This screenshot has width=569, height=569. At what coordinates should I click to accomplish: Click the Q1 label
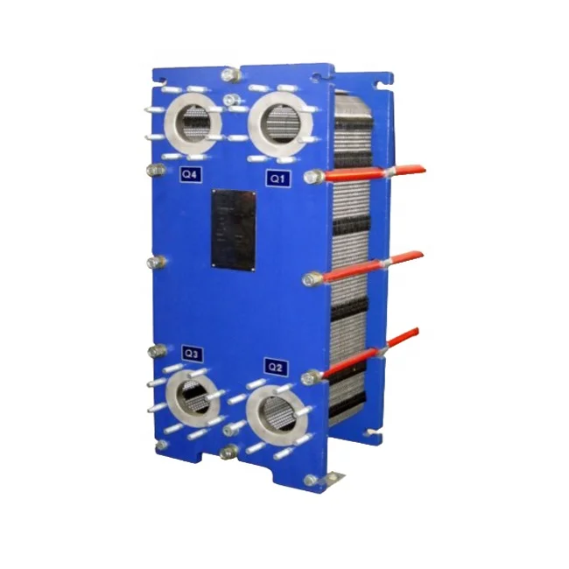277,179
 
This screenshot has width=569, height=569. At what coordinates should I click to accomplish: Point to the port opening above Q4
194,123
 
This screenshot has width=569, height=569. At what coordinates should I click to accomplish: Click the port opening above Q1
281,123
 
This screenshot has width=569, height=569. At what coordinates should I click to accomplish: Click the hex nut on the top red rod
310,177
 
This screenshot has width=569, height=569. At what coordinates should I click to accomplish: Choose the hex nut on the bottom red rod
309,378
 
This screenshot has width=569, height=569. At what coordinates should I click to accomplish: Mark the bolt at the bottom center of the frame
230,452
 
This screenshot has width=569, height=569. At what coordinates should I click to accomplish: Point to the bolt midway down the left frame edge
157,262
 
